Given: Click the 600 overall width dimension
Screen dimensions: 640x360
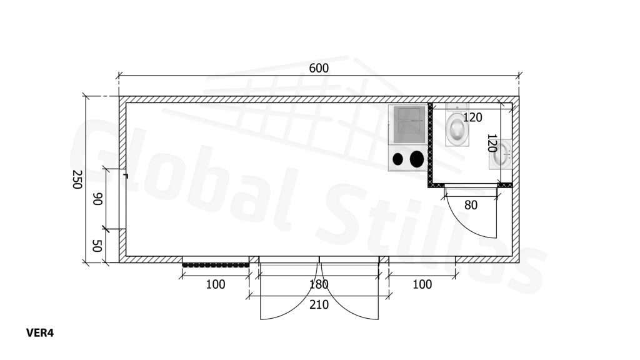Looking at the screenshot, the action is (318, 68).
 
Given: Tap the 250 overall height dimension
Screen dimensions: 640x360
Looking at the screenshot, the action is (77, 179).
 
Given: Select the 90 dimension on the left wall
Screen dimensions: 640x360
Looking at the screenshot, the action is (97, 199).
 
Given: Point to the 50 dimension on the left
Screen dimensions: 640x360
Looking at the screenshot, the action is (97, 246).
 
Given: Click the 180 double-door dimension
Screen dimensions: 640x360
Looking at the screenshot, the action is (319, 284).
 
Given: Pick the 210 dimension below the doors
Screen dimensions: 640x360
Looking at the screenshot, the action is (319, 304).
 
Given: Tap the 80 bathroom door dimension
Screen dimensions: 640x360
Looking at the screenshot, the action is (471, 205).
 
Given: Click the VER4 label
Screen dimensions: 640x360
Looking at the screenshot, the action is (40, 333).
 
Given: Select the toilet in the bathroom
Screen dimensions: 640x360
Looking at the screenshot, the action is (457, 125).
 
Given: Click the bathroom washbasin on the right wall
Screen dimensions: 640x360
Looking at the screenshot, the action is (501, 154).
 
